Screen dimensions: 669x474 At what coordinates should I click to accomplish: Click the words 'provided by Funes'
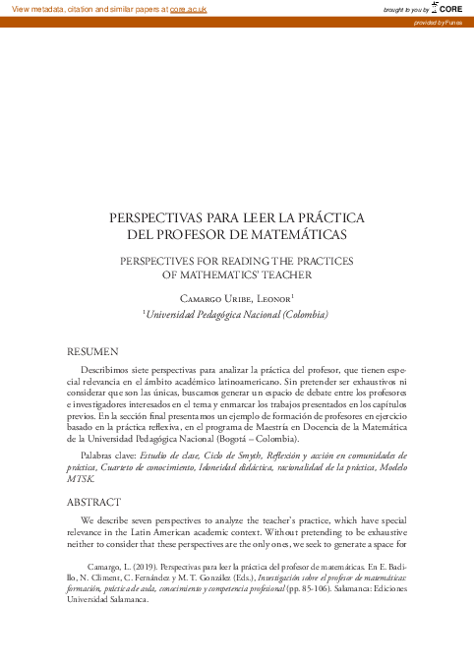444,21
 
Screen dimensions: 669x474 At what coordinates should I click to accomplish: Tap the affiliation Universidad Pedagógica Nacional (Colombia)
236,315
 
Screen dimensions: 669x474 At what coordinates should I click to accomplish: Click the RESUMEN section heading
92,350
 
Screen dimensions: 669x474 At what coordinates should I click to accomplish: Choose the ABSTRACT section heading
93,501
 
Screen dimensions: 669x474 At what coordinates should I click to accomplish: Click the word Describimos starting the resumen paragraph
110,366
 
